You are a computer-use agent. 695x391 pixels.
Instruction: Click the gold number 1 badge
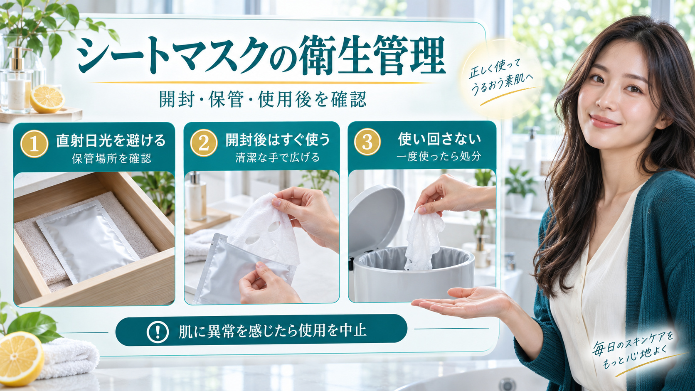(34, 144)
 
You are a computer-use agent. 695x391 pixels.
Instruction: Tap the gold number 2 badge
(204, 143)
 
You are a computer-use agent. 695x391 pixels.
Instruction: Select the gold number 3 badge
(367, 142)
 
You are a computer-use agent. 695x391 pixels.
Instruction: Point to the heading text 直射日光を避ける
(111, 141)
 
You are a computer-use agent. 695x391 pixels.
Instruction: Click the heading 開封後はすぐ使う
(278, 140)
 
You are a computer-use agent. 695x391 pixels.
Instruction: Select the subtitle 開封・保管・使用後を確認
(263, 99)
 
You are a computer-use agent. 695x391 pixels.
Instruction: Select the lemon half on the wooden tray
(47, 99)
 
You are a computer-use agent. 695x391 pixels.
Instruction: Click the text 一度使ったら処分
(439, 157)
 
